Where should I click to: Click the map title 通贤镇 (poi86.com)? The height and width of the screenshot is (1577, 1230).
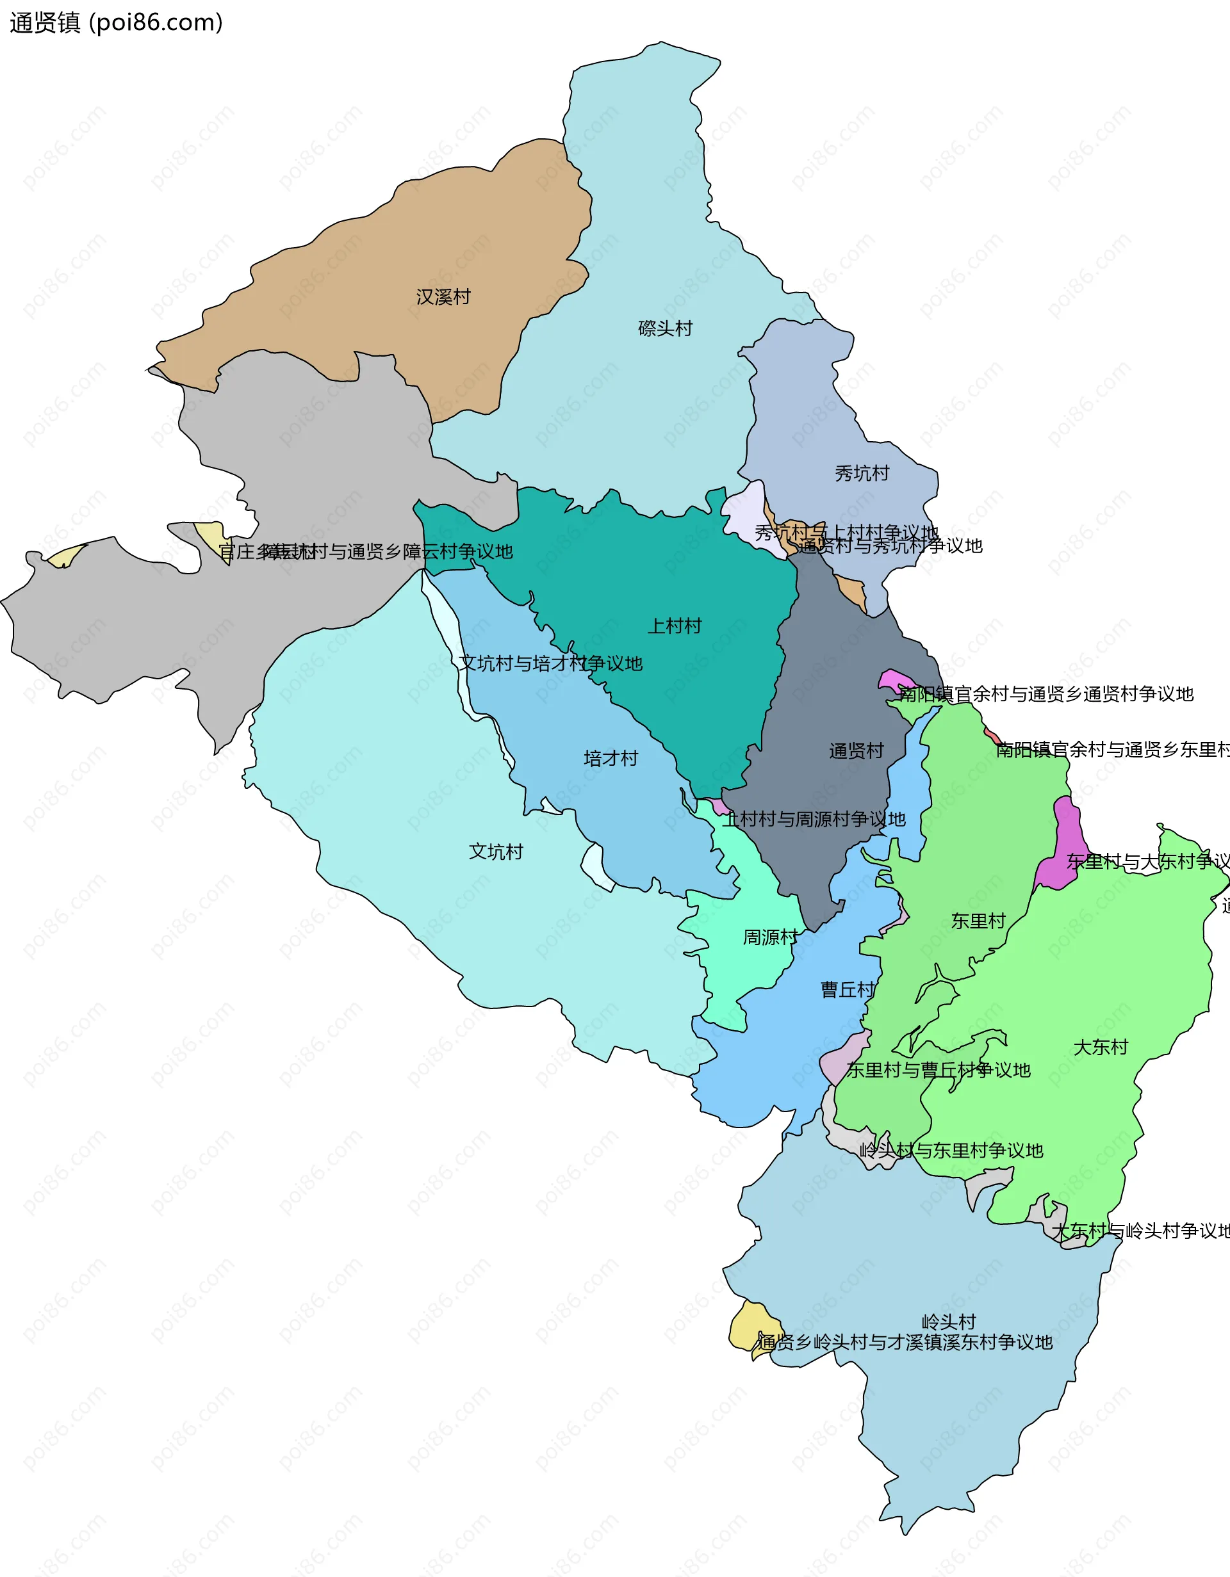[x=115, y=22]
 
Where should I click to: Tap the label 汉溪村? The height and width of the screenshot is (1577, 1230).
[x=443, y=297]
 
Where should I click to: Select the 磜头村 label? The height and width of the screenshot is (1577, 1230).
[x=665, y=328]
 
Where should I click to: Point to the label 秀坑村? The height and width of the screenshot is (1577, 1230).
[x=862, y=474]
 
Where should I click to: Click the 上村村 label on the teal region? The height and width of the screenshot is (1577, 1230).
[x=674, y=626]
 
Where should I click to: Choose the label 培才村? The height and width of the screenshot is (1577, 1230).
[x=611, y=758]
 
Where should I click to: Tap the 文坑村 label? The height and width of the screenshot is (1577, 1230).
[x=495, y=852]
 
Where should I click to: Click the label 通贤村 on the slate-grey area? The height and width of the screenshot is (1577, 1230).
[x=856, y=751]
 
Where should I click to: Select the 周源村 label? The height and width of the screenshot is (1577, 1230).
[x=770, y=937]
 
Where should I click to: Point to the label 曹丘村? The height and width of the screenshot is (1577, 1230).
[x=847, y=989]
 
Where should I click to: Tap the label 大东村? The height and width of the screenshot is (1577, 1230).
[x=1100, y=1047]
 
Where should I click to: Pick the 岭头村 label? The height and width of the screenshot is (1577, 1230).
[x=948, y=1322]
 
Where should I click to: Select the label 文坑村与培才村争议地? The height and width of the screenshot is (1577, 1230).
[x=550, y=663]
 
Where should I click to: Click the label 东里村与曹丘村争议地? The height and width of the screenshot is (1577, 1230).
[x=939, y=1070]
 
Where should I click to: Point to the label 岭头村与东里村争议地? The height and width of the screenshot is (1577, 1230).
[x=951, y=1151]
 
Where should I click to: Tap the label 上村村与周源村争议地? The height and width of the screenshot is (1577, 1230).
[x=815, y=820]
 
